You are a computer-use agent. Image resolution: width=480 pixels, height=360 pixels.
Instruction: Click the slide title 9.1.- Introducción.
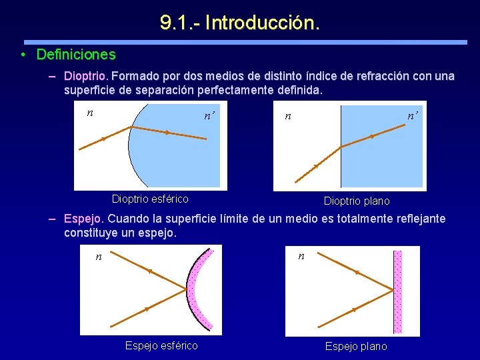[x=240, y=23]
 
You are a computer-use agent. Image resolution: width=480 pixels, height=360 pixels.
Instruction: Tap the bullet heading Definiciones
[x=76, y=55]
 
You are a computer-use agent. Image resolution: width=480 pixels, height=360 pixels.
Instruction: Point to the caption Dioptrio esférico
[x=150, y=199]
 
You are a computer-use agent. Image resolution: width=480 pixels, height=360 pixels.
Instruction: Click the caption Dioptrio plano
[x=357, y=201]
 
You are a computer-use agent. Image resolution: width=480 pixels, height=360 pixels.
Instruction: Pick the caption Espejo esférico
[x=161, y=345]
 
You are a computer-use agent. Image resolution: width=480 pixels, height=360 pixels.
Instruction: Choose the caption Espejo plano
[x=356, y=346]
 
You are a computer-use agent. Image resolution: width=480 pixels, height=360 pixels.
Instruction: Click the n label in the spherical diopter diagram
[x=90, y=113]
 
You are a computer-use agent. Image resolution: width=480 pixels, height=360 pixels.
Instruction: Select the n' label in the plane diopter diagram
[x=413, y=115]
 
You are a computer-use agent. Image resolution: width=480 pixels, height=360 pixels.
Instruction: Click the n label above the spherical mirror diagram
[x=99, y=256]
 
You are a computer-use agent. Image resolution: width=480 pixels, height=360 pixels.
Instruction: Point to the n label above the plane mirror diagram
[x=301, y=255]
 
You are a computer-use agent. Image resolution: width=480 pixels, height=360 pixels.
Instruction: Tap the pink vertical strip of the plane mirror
[x=398, y=291]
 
